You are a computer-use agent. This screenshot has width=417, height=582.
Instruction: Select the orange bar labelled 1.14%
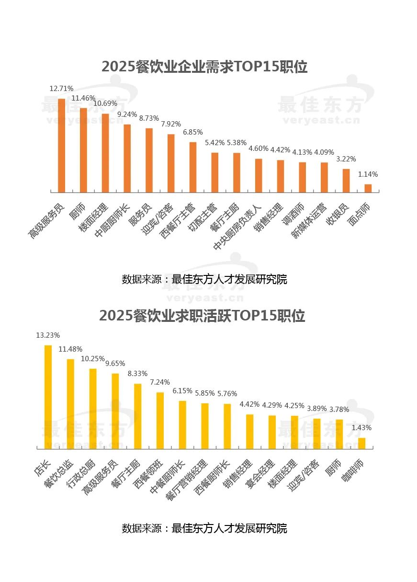368,188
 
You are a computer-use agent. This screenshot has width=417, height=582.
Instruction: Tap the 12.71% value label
61,89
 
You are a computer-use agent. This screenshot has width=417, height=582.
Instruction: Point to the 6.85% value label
192,132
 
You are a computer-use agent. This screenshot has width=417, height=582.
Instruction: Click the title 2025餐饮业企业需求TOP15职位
204,67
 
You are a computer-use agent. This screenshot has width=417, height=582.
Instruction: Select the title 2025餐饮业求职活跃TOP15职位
202,316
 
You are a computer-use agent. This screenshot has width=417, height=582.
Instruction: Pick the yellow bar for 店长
48,397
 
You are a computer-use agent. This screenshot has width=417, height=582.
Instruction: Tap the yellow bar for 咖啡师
362,443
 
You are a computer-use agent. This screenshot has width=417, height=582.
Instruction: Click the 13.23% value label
48,335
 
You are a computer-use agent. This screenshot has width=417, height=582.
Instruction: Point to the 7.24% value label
160,382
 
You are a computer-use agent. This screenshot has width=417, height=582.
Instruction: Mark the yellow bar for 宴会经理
272,432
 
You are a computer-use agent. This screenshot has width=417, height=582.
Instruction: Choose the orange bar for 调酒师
302,177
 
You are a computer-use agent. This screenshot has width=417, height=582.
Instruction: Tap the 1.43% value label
361,428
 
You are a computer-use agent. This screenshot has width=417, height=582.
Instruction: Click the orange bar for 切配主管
214,172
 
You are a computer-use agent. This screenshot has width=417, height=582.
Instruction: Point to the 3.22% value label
346,159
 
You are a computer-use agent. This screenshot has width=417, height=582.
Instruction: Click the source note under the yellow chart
204,528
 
